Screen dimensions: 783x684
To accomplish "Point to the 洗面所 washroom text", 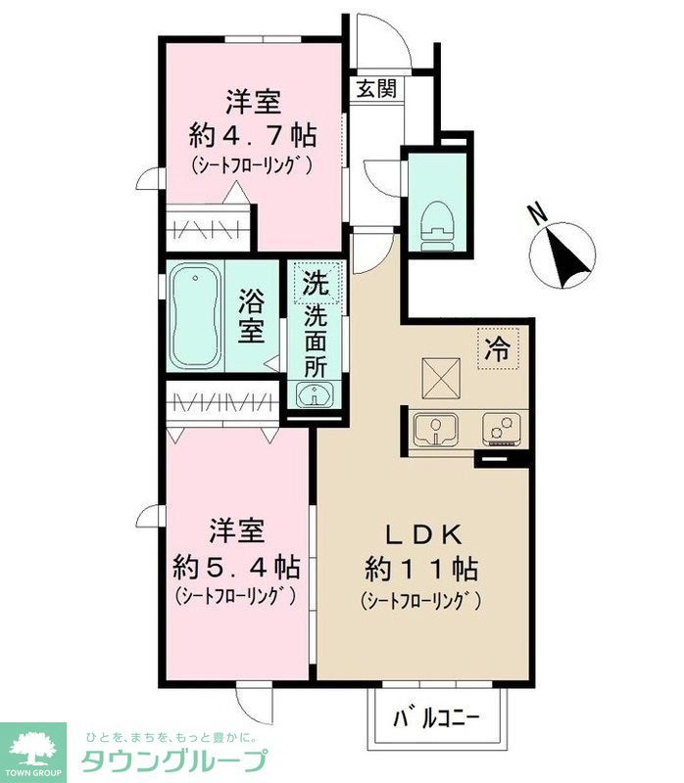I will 316,338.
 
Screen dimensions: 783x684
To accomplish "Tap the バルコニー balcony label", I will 437,721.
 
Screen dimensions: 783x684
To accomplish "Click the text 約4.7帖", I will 254,135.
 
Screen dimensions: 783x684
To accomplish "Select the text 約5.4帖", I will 236,566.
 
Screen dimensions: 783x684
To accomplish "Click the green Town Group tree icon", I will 32,749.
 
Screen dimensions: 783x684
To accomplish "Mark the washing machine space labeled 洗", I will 316,283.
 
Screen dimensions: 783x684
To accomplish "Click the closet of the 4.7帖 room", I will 209,228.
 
